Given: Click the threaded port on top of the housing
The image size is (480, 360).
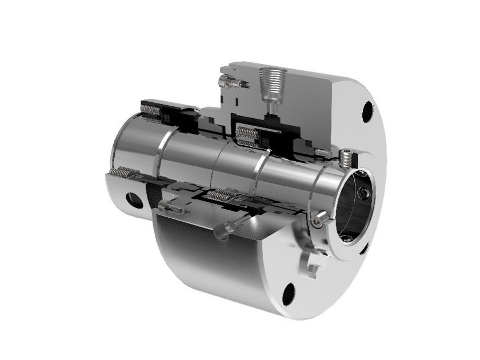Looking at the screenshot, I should click(x=268, y=79).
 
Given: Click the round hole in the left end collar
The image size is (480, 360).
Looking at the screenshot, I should click(x=135, y=200).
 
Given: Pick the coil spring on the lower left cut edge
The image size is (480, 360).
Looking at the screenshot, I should click(x=121, y=171).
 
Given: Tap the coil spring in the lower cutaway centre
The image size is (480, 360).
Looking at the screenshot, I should click(x=220, y=196).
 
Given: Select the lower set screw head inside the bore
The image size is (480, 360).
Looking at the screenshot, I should click(x=347, y=236).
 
